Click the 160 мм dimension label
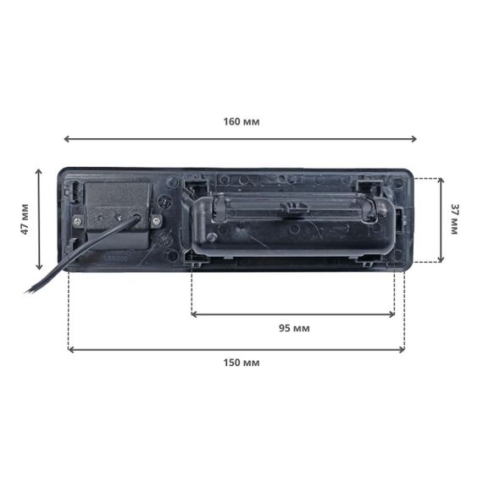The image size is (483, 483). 241,122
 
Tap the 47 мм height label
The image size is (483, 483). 25,219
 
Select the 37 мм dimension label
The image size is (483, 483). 455,219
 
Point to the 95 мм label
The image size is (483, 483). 294,328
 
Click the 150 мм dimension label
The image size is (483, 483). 241,363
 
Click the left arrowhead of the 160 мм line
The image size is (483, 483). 66,139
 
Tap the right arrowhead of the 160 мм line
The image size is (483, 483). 414,139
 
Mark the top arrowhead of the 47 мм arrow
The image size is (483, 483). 38,171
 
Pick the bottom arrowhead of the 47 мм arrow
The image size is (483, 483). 38,267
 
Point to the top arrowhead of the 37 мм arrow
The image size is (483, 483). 441,180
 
